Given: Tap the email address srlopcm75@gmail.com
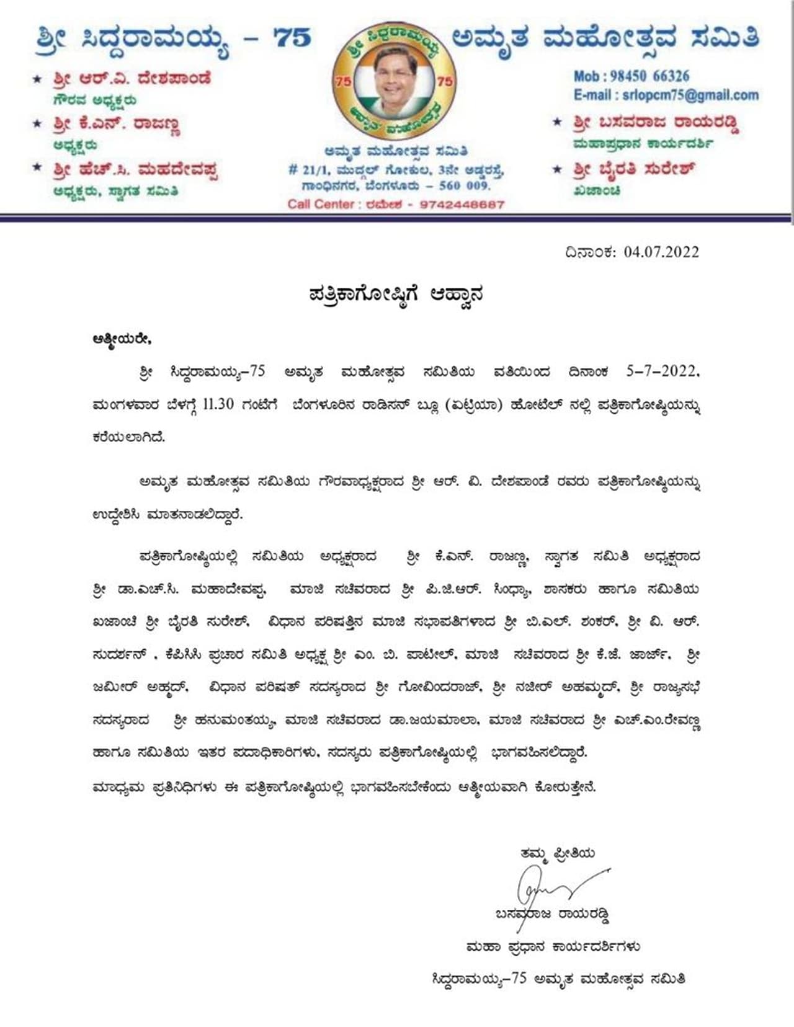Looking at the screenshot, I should (689, 96).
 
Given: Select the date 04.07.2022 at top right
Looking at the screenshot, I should (661, 252).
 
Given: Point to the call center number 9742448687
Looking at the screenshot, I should (462, 204).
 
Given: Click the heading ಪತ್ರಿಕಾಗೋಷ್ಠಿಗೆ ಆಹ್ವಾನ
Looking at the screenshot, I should (396, 293).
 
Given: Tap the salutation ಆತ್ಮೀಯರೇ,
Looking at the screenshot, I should (122, 339).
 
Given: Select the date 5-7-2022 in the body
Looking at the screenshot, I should (661, 371).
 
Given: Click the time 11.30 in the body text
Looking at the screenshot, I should (218, 404).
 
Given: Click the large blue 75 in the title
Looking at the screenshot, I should (292, 38).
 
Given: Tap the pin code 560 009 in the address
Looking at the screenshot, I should (465, 185).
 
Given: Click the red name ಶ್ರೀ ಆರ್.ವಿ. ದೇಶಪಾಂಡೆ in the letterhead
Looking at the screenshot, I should (132, 79).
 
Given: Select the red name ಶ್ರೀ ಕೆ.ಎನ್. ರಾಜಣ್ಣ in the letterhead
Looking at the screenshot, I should (116, 124).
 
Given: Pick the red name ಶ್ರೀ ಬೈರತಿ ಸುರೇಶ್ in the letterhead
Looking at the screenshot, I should (633, 169).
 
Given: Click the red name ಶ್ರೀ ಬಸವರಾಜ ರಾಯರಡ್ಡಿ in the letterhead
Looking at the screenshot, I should (656, 123).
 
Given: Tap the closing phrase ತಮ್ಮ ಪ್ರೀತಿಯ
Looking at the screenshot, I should (558, 853).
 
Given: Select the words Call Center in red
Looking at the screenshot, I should (320, 204).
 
